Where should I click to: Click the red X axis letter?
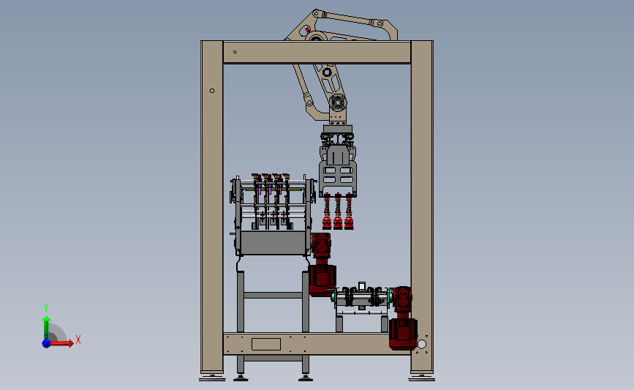[x=78, y=340]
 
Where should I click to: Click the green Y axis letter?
[x=46, y=308]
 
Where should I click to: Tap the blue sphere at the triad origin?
[x=47, y=343]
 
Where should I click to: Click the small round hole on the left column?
[x=212, y=91]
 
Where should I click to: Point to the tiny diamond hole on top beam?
[x=235, y=52]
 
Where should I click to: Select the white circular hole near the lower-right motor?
[x=422, y=345]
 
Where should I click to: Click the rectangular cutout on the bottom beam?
[x=266, y=345]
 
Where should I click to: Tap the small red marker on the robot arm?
[x=308, y=29]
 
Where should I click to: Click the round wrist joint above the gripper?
[x=337, y=102]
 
